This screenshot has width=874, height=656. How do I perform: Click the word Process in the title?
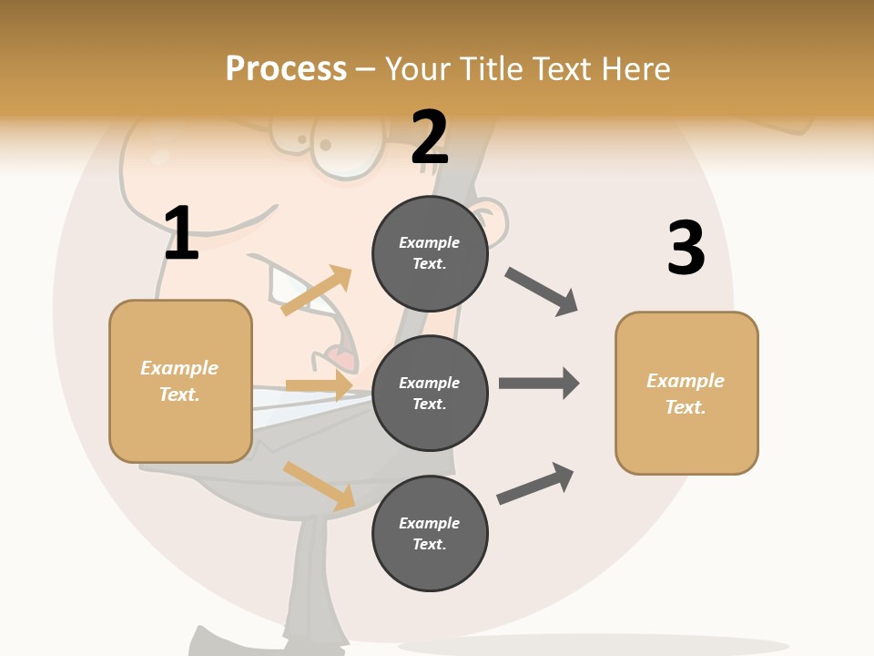[286, 69]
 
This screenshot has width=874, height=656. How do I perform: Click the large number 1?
[180, 233]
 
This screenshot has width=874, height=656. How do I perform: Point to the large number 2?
[430, 138]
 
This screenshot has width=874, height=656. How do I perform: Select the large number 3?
[686, 248]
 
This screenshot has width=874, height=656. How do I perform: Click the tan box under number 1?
[180, 381]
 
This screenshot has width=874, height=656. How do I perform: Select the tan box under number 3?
[686, 393]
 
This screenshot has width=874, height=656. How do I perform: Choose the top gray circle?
[430, 253]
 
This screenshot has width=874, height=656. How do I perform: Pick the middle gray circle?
[430, 393]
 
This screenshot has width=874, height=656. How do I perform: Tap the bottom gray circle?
[430, 533]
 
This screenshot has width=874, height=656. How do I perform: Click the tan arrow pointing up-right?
[317, 290]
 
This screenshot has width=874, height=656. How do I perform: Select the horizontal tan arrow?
[319, 385]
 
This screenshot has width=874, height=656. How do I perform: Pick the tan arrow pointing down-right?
[320, 486]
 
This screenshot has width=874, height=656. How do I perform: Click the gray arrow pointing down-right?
[542, 292]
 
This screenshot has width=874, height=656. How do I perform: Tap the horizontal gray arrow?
[539, 384]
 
